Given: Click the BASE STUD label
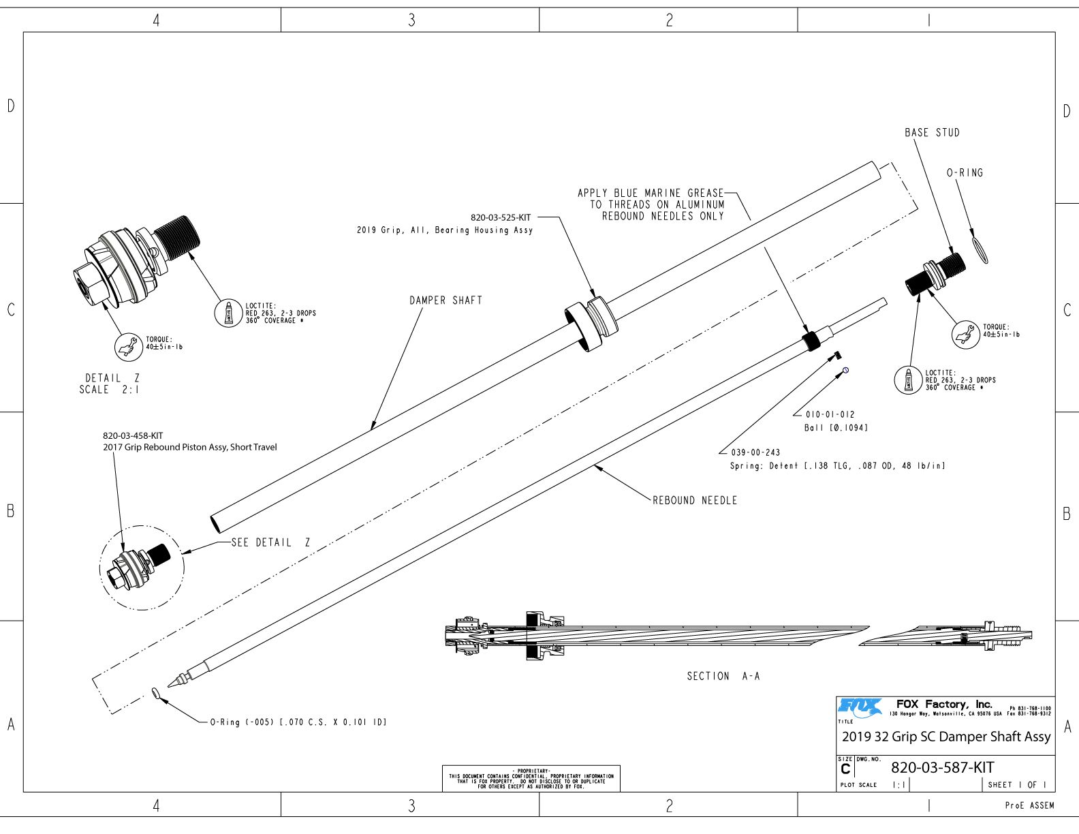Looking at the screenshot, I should [x=931, y=133].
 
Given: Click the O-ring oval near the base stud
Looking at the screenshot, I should [x=980, y=249].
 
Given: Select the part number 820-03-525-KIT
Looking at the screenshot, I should [x=501, y=218].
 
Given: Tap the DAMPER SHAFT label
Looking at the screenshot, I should [x=445, y=300].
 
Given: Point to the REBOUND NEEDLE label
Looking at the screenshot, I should [x=694, y=501].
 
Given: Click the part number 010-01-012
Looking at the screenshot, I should [x=830, y=415].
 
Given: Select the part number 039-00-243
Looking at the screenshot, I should [x=755, y=452].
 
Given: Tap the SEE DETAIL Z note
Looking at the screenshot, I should [x=270, y=543].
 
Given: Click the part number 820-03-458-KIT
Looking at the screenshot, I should [x=133, y=436].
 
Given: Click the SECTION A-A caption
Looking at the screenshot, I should [x=723, y=677].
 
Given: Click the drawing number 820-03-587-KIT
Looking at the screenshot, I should [x=942, y=768].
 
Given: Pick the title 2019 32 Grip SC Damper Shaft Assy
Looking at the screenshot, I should [x=945, y=737].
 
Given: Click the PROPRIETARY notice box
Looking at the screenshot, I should [x=531, y=779].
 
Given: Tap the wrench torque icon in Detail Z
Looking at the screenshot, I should [x=128, y=347].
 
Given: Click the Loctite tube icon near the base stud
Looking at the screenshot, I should [x=907, y=380].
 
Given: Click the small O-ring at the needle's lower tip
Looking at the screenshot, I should [x=156, y=694].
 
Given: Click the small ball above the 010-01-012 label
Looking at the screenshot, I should [x=845, y=370].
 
